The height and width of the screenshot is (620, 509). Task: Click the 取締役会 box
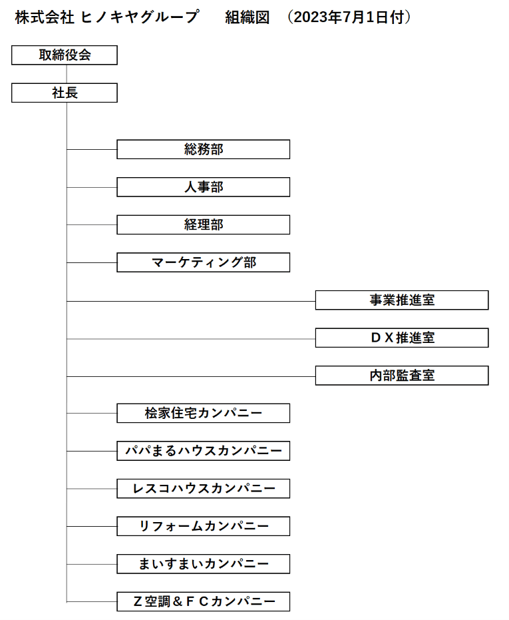pos(65,55)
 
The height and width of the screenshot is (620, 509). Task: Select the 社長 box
pos(65,93)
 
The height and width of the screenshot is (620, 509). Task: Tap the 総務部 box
pos(203,149)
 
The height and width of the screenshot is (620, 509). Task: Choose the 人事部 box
pos(203,187)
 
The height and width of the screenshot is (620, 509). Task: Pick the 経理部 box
pos(203,224)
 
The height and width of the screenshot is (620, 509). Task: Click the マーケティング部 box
pos(203,262)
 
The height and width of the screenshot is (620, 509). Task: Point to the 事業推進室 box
pos(402,300)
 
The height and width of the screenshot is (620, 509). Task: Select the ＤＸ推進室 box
pos(402,338)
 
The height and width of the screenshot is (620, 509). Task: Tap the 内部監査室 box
pos(402,376)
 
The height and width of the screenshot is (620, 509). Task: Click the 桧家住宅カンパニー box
pos(203,413)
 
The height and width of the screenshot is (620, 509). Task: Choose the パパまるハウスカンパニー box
pos(203,451)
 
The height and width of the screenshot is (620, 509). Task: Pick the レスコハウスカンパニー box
pos(203,489)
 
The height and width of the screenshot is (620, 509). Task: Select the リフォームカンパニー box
pos(203,526)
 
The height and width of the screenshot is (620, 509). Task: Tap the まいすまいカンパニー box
pos(203,564)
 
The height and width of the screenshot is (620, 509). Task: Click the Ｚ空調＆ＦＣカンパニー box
pos(203,602)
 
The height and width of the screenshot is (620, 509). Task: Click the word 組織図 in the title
pos(248,17)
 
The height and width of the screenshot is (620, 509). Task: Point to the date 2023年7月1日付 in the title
pos(349,17)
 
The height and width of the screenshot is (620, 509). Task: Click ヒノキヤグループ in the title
pos(140,17)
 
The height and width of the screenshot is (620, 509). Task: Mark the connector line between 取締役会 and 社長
pos(67,74)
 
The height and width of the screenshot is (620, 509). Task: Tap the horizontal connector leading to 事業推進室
pos(191,301)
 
